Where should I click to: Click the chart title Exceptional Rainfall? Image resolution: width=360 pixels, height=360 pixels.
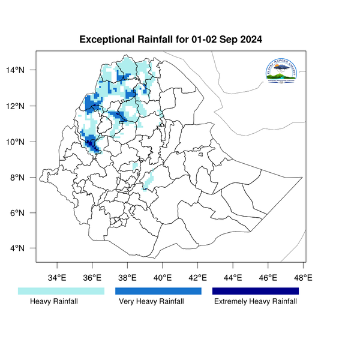click(x=171, y=40)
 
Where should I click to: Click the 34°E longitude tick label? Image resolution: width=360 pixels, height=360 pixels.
click(x=56, y=277)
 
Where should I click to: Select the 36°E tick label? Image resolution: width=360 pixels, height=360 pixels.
click(x=92, y=277)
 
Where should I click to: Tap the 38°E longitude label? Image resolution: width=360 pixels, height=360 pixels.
click(x=127, y=277)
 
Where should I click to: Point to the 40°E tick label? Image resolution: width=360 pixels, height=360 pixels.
click(x=163, y=277)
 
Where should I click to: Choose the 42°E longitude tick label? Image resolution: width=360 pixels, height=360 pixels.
click(x=197, y=277)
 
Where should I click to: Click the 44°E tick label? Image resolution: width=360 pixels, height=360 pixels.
click(x=233, y=277)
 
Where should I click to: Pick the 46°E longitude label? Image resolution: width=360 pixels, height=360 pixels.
click(x=268, y=277)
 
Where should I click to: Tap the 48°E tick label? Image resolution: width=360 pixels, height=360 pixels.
click(x=303, y=277)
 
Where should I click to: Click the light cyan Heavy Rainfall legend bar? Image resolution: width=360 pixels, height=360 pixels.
click(x=61, y=291)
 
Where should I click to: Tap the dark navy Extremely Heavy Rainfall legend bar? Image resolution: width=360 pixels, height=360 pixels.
click(x=256, y=291)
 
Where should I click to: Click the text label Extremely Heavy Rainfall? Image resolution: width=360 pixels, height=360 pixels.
click(x=256, y=302)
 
